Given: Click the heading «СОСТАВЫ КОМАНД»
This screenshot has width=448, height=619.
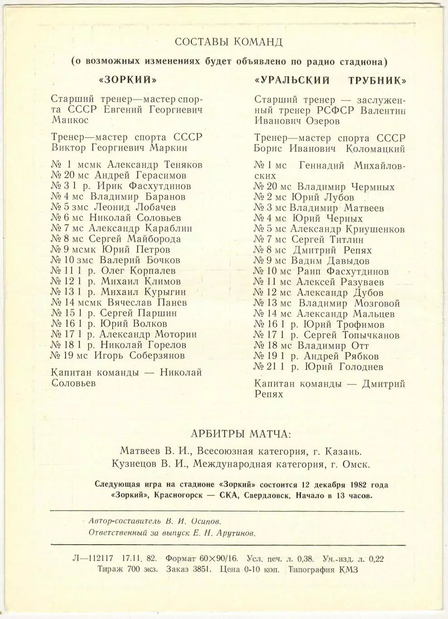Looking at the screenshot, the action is coord(229,42).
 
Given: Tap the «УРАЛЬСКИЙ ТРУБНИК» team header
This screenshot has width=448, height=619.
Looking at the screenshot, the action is coord(330,81).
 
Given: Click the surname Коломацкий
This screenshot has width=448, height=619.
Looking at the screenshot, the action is coord(375,149).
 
